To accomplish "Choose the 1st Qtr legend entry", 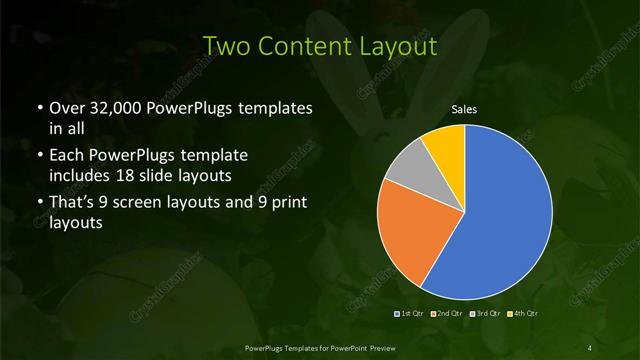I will tap(410, 314).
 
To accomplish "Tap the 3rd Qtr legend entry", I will tap(485, 314).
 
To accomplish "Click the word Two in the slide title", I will tap(226, 45).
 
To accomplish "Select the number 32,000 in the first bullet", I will tap(114, 107).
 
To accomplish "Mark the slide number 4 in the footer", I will tap(590, 347).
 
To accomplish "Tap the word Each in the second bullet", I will tap(67, 156).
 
